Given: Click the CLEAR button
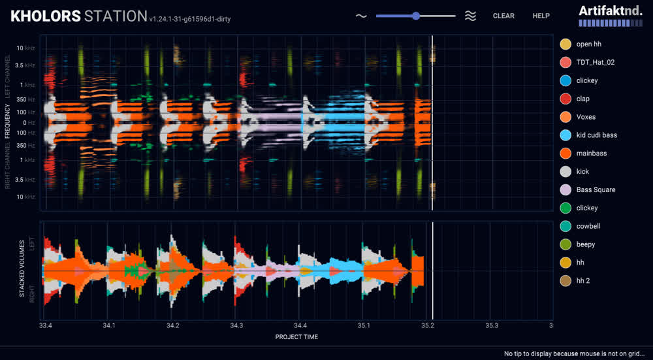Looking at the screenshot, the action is click(x=503, y=16).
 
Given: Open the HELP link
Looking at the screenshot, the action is click(x=541, y=16).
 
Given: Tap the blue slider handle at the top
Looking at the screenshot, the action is click(x=415, y=16).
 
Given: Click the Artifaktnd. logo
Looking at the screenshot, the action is click(x=611, y=16).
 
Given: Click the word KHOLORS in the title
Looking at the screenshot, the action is click(x=46, y=16).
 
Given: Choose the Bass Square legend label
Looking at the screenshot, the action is click(x=596, y=189).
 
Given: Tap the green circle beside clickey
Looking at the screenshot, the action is click(x=565, y=208).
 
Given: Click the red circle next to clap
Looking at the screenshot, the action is click(x=565, y=99).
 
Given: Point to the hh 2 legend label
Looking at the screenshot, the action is click(x=583, y=281).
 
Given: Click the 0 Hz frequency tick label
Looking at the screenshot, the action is click(x=30, y=123).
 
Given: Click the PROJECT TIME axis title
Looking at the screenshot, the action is click(x=296, y=336).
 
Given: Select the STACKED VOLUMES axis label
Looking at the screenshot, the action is click(x=22, y=269).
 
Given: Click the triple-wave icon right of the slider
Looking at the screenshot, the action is click(x=470, y=16).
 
